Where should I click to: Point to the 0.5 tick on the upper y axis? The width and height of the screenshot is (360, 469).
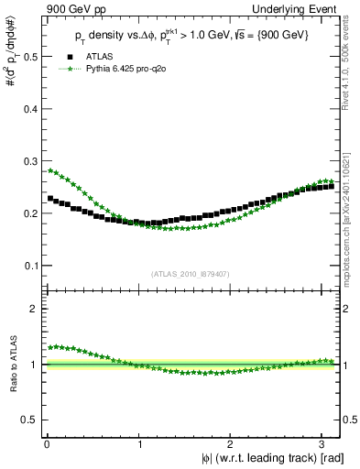30,57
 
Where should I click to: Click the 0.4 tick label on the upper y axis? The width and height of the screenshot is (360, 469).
30,109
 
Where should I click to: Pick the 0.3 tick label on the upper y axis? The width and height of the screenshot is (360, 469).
30,161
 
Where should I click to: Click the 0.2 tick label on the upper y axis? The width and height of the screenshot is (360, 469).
30,213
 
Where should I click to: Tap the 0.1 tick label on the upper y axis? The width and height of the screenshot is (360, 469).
30,266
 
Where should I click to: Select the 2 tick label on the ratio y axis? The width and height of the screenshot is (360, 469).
35,310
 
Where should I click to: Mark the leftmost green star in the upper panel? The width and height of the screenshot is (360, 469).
50,170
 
